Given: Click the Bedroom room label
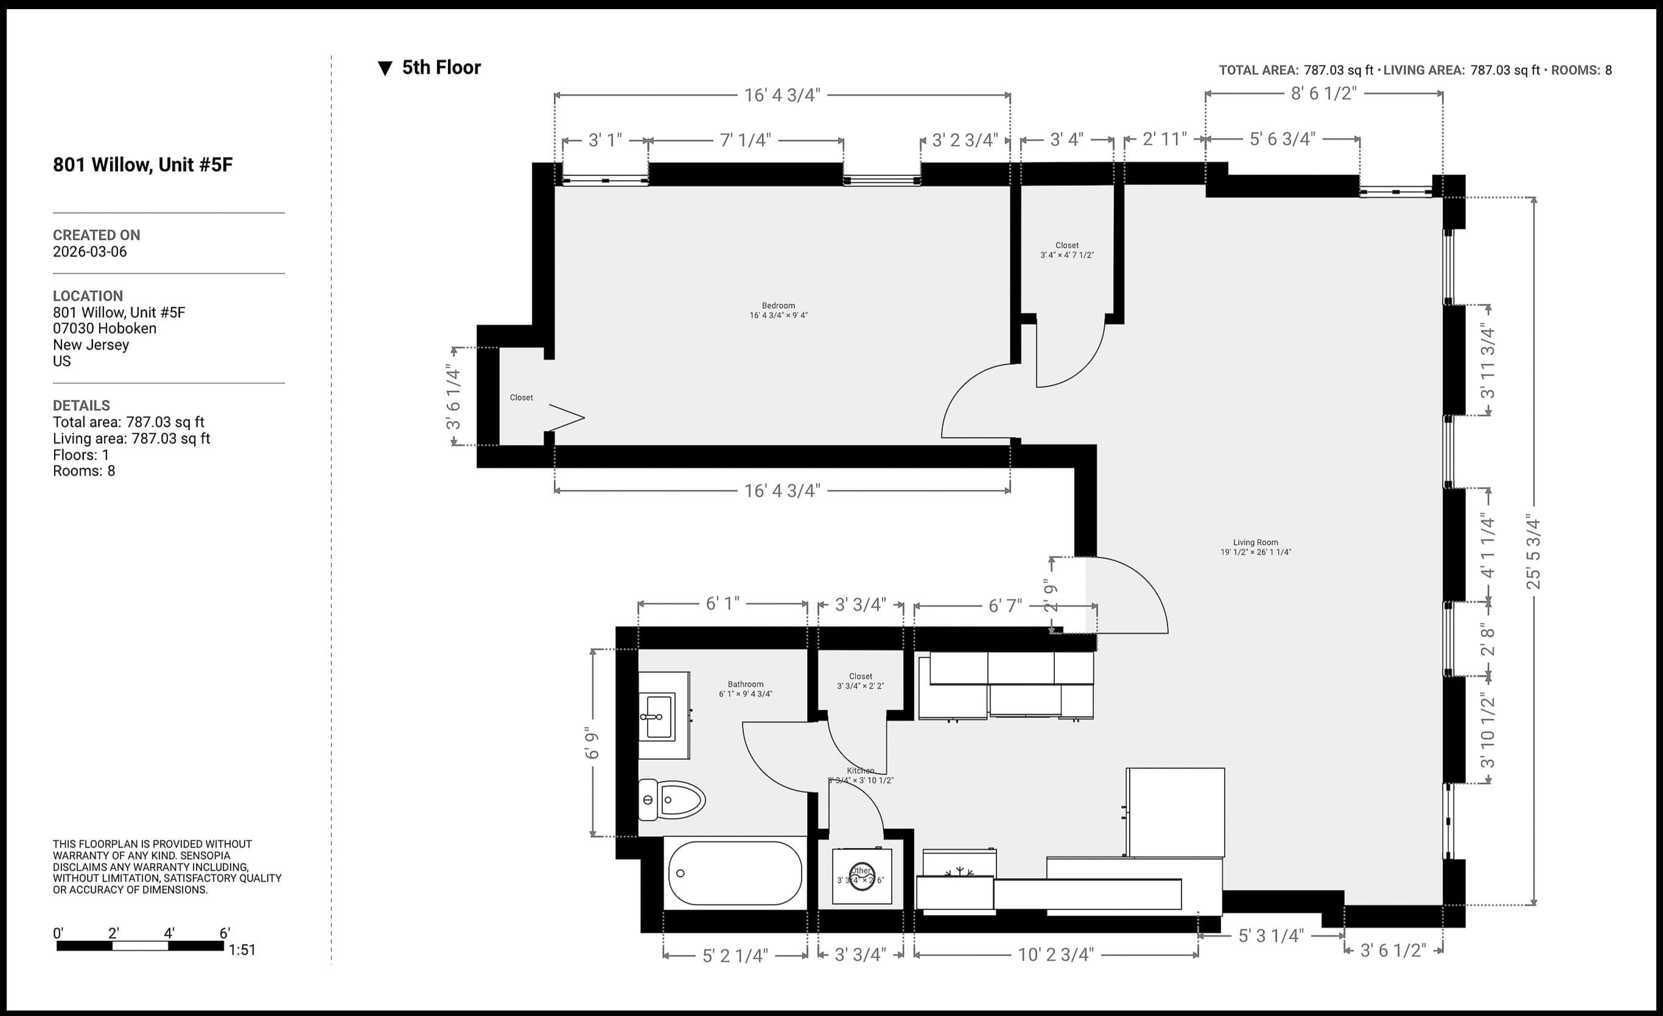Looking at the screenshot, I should point(778,306).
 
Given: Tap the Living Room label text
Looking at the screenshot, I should point(1255,543).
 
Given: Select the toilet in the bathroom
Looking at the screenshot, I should point(671,800).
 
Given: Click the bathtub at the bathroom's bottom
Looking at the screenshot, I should point(734,873).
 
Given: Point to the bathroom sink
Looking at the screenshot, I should point(659,716).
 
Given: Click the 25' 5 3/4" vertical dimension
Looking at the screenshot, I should point(1533,552).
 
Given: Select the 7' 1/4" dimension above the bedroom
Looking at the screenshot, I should point(745,141).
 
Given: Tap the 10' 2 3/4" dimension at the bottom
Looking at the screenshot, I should point(1056,955).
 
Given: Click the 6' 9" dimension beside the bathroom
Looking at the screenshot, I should point(592,743).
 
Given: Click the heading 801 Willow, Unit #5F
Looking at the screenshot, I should point(143,165).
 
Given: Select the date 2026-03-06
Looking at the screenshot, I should point(89,252).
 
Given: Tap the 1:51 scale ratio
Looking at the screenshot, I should point(242,950).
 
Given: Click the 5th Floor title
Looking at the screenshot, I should point(441,68).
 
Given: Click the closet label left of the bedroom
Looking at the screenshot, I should point(521,398).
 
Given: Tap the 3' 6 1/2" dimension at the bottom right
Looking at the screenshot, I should point(1393,950).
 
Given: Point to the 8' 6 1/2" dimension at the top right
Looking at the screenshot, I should point(1323,94).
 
